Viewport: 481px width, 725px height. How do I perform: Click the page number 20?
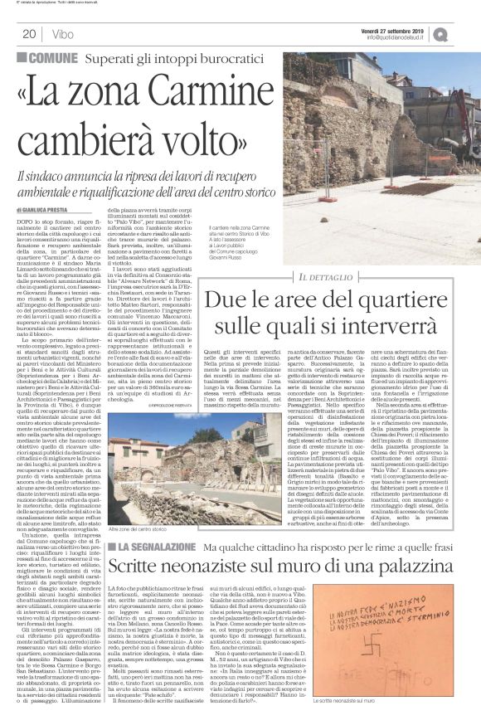(x=28, y=34)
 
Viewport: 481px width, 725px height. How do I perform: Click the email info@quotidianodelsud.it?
(x=406, y=37)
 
